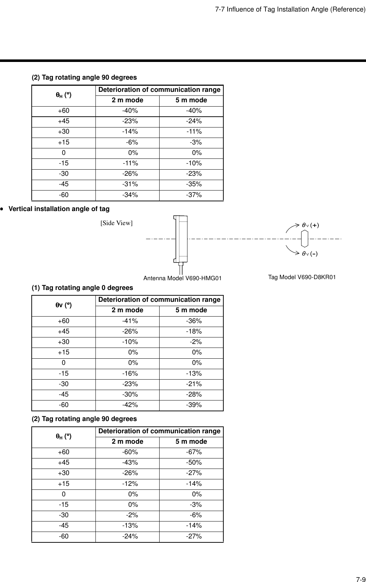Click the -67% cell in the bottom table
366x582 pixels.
pyautogui.click(x=193, y=452)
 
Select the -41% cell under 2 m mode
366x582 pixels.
pyautogui.click(x=130, y=321)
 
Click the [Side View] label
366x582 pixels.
pyautogui.click(x=116, y=223)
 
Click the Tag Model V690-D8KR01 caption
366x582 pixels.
pyautogui.click(x=302, y=277)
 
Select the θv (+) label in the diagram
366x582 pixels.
pyautogui.click(x=310, y=225)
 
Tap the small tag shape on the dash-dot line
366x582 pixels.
pyautogui.click(x=305, y=239)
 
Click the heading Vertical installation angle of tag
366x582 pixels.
pyautogui.click(x=59, y=209)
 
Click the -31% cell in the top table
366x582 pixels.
pyautogui.click(x=130, y=184)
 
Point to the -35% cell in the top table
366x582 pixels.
pyautogui.click(x=193, y=184)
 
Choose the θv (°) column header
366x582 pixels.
pyautogui.click(x=63, y=305)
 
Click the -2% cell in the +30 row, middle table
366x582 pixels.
pyautogui.click(x=196, y=342)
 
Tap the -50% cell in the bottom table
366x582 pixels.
pyautogui.click(x=193, y=462)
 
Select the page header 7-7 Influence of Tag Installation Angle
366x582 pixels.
pyautogui.click(x=290, y=9)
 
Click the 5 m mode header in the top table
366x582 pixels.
pyautogui.click(x=191, y=100)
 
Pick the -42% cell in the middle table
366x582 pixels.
pyautogui.click(x=130, y=405)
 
